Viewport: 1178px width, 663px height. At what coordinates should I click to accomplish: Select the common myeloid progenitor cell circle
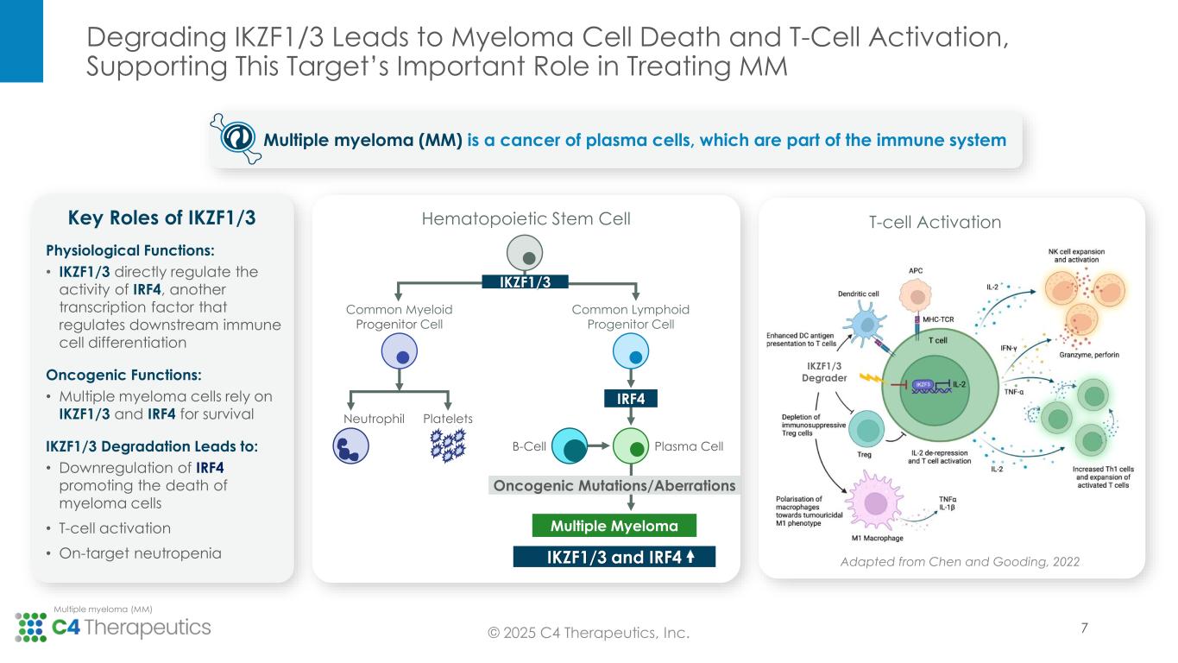click(x=399, y=353)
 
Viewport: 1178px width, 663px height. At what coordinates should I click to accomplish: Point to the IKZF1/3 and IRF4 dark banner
click(x=614, y=556)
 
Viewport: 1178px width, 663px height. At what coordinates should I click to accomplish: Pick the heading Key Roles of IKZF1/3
click(x=161, y=218)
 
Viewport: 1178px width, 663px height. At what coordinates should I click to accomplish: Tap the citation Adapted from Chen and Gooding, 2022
click(x=961, y=561)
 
